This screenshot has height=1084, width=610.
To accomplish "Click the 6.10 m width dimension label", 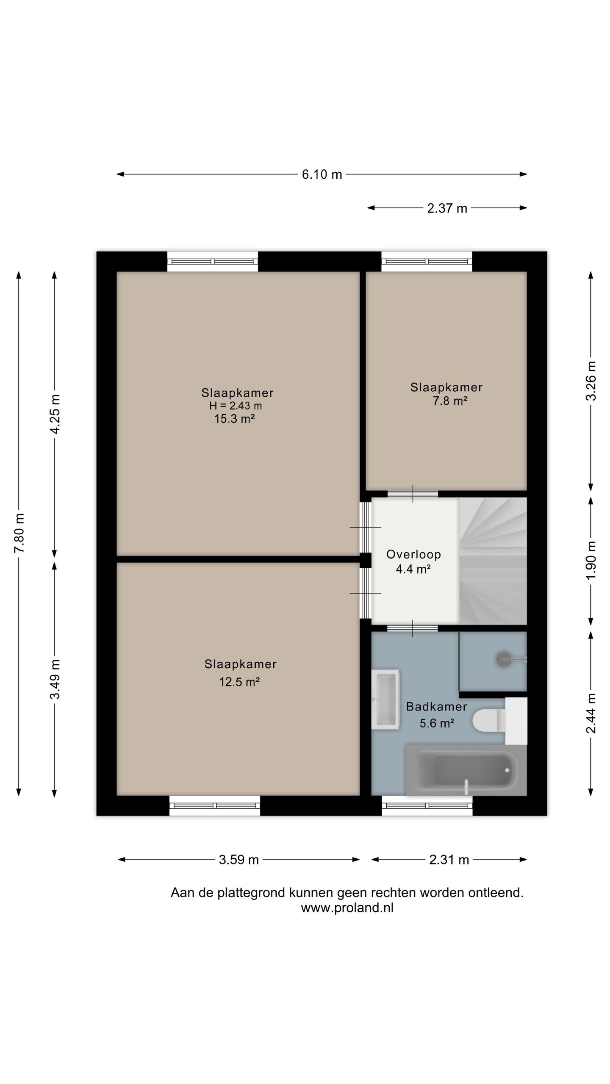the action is (x=322, y=174).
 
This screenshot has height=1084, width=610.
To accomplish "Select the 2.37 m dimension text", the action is (x=447, y=208).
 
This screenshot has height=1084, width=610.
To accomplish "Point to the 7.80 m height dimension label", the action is (x=19, y=533).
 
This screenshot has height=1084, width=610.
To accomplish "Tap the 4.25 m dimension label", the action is (x=55, y=414).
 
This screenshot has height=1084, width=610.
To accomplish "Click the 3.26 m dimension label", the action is (x=591, y=381).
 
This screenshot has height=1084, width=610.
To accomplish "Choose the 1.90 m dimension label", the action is (x=591, y=561).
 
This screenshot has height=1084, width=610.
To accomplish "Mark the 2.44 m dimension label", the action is (x=591, y=713).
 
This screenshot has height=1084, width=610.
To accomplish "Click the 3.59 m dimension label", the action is (x=238, y=860).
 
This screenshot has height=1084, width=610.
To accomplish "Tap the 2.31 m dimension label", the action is (x=449, y=860).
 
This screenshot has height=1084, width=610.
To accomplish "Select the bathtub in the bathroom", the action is (x=466, y=769).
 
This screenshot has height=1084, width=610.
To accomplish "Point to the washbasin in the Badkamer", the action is (x=385, y=699).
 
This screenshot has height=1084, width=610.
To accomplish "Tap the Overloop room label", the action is (x=413, y=554).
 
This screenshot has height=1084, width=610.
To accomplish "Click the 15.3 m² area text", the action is (x=234, y=419).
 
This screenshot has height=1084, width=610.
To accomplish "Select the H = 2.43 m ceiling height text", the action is (x=236, y=406).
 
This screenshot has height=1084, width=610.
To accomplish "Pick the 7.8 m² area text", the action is (x=450, y=401).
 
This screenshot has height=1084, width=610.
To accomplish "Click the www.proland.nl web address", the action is (x=347, y=907).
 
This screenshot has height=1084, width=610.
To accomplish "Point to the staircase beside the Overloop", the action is (x=493, y=561).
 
